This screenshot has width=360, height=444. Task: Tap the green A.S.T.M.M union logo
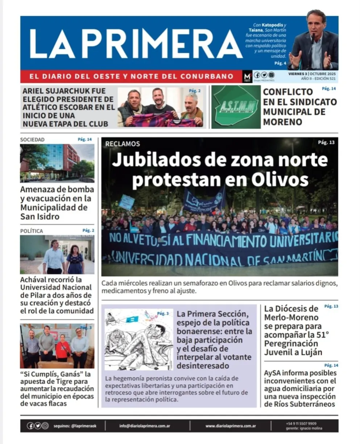point(236,107)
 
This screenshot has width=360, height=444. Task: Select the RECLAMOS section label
point(122,144)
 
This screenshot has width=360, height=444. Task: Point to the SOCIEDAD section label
point(32,139)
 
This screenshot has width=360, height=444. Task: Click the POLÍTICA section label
point(32,231)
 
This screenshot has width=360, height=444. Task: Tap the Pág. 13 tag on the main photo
point(326,142)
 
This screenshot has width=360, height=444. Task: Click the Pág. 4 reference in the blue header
point(280,63)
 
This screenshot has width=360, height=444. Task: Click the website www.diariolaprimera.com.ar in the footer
point(231,426)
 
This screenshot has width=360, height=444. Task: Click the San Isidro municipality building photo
point(57,163)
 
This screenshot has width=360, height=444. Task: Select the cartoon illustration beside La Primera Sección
point(139,339)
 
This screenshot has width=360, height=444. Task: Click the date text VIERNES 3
point(297,73)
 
